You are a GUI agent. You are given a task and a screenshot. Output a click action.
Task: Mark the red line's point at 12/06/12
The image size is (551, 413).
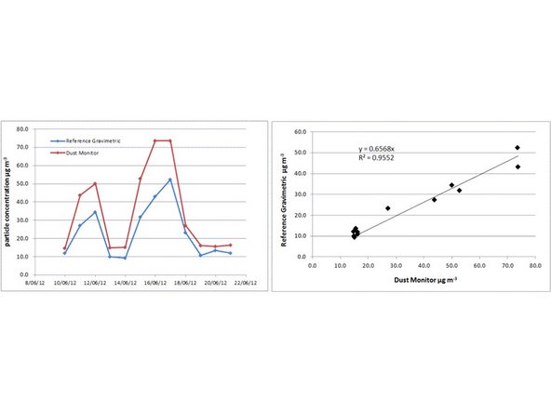(x=95, y=183)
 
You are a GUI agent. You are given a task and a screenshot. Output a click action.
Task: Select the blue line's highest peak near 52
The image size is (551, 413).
(x=170, y=180)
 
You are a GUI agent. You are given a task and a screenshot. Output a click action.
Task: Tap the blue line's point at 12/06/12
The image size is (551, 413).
(x=95, y=212)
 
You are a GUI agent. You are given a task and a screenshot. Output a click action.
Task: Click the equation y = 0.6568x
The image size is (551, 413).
(x=381, y=149)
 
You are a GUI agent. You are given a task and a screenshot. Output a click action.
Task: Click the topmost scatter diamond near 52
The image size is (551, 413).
(x=517, y=148)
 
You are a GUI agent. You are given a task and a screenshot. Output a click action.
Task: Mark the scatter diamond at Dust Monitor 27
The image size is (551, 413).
(x=387, y=208)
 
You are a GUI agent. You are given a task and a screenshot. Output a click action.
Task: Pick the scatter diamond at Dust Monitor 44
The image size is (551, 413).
(x=434, y=199)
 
